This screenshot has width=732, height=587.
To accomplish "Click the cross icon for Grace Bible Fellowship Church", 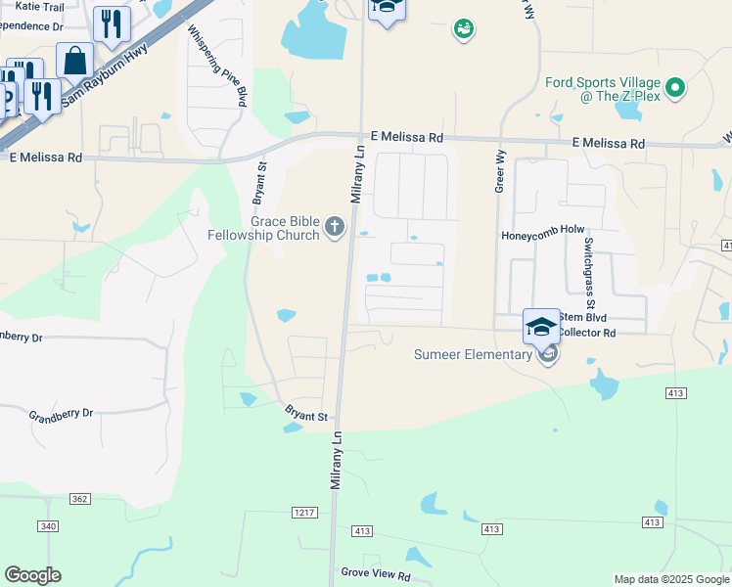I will tap(335, 228).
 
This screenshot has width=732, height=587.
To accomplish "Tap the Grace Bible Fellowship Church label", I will tap(264, 228).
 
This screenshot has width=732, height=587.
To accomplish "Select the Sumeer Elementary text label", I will tap(473, 354).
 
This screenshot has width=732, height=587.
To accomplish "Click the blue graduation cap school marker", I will tap(541, 326).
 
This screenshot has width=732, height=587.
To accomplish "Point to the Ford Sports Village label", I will tap(603, 89).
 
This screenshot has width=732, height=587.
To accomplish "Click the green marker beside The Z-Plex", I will tap(675, 89).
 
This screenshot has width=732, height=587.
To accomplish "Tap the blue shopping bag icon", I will tap(75, 61).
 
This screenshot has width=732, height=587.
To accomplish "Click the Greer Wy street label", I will tap(500, 170).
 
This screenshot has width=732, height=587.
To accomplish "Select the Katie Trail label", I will tap(40, 6).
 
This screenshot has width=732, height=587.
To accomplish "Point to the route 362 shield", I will tap(80, 499).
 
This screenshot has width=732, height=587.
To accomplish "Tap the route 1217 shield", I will tap(304, 513).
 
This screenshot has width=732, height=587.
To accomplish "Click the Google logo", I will tap(32, 575).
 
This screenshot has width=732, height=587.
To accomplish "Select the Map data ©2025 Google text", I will tap(671, 579).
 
